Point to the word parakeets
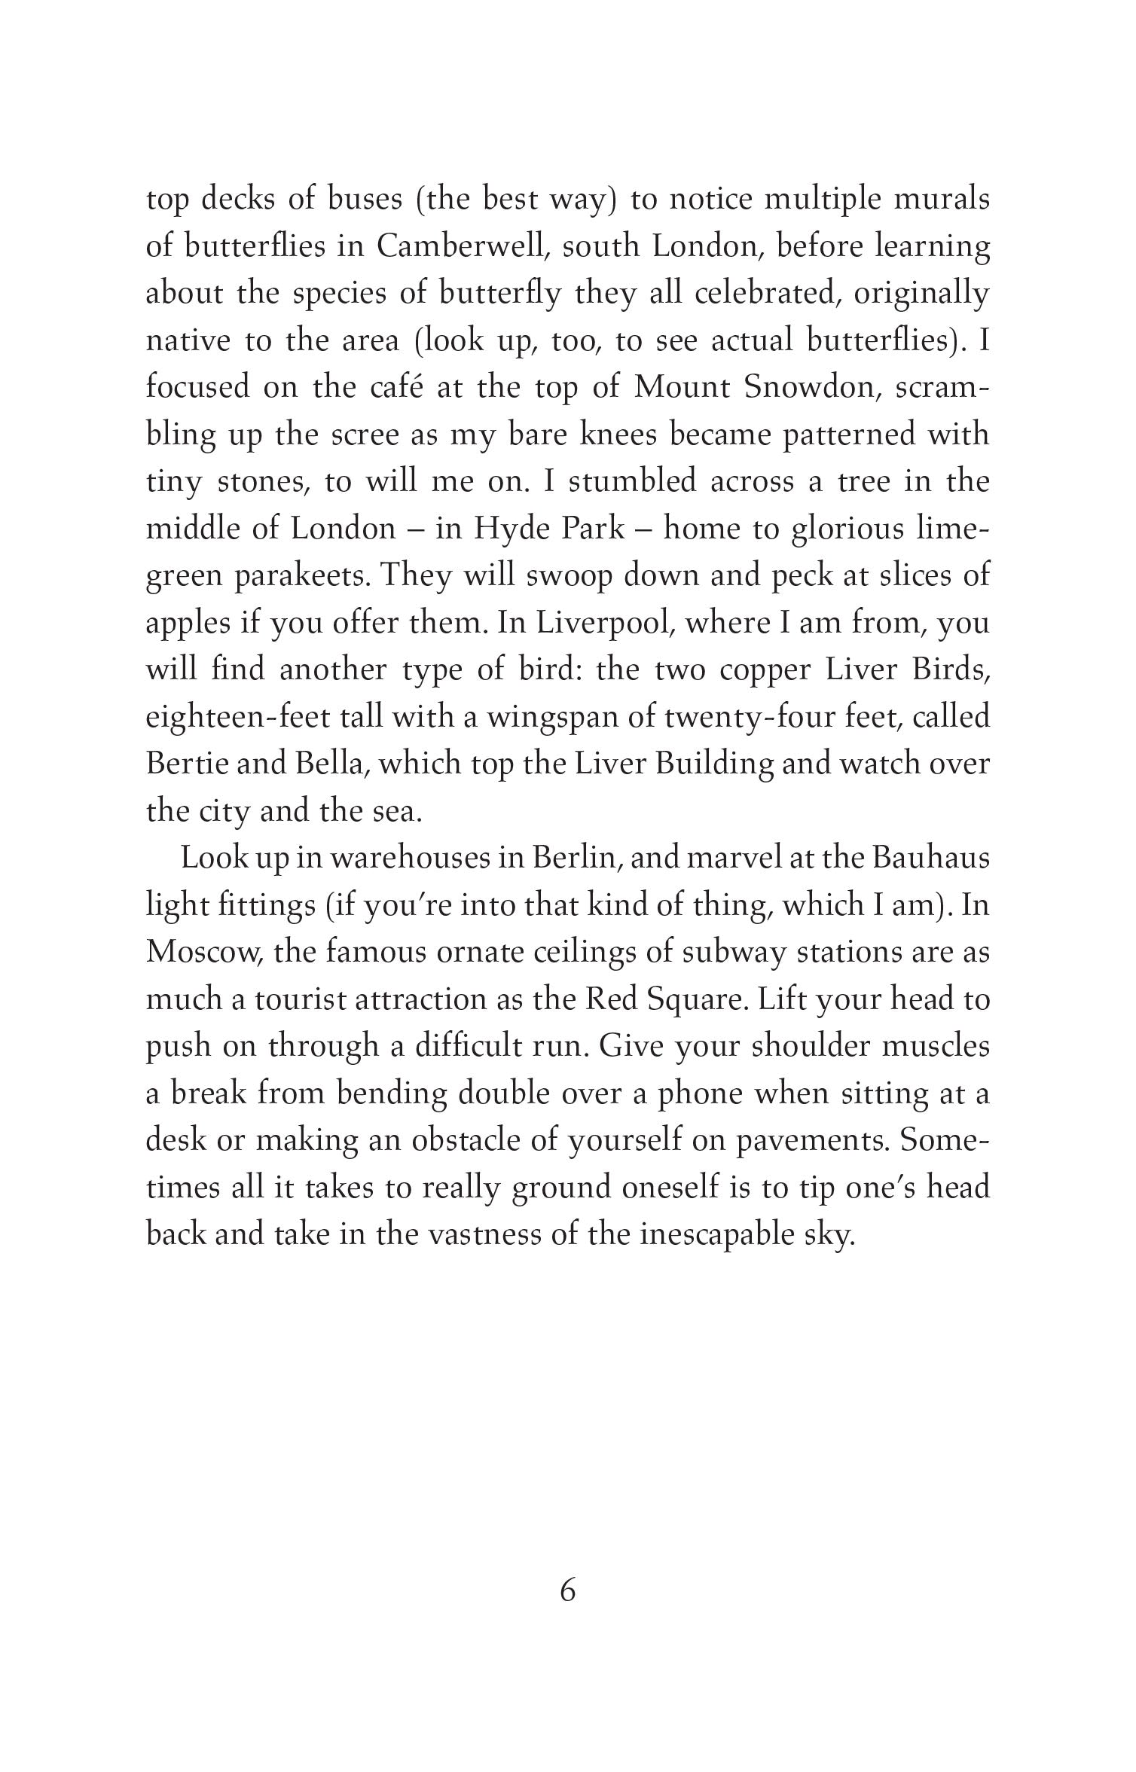click(x=300, y=576)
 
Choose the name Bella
click(x=328, y=763)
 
